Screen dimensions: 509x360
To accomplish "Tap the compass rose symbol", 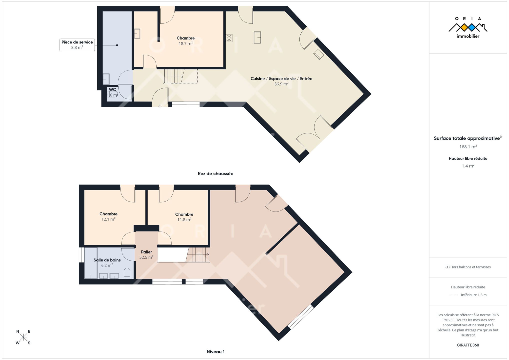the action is (x=23, y=337).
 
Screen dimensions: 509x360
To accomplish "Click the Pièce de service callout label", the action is (x=77, y=45).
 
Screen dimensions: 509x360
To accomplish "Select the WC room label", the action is (x=112, y=89).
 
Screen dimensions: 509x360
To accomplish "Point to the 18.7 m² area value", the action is (x=185, y=43).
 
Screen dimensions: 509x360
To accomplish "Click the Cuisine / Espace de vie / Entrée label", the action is (x=281, y=78).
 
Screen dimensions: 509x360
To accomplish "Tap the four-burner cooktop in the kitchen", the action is (x=229, y=38).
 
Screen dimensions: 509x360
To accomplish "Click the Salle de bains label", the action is (x=107, y=260).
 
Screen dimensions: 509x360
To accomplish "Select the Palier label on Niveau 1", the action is (x=146, y=252).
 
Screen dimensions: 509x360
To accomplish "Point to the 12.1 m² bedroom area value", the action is (x=108, y=219).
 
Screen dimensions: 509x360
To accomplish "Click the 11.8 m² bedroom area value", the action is (x=184, y=220).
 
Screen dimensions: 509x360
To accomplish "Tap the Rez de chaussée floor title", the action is (x=215, y=173).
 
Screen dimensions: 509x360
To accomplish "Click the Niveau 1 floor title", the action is (x=215, y=352).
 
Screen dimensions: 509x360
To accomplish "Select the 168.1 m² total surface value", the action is (x=468, y=147).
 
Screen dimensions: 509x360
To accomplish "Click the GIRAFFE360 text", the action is (x=468, y=345).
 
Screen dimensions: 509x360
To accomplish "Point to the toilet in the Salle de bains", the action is (x=127, y=273).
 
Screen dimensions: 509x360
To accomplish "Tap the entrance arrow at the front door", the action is (x=160, y=106).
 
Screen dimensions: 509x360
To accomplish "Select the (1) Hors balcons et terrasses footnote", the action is (x=468, y=267).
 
